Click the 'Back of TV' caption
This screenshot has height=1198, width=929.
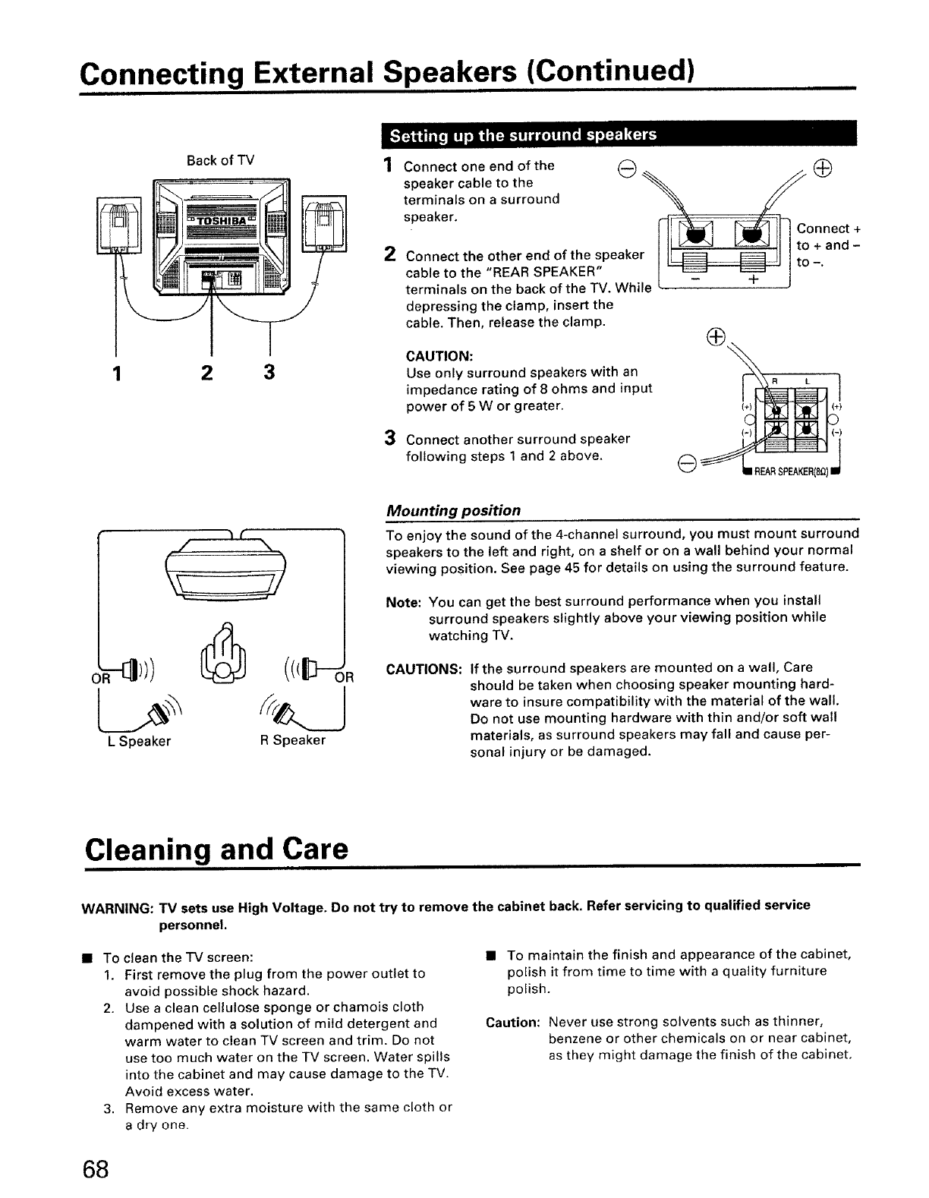220,160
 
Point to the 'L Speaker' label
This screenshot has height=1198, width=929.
140,741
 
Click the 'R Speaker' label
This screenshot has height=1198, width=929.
293,740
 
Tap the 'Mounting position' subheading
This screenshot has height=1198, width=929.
453,510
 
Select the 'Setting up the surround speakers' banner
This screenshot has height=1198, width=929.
523,136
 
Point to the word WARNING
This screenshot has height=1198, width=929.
118,906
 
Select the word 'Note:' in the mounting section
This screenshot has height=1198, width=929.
404,602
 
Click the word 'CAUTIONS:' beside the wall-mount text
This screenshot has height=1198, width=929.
424,669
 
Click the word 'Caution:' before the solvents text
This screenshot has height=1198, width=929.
512,1023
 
